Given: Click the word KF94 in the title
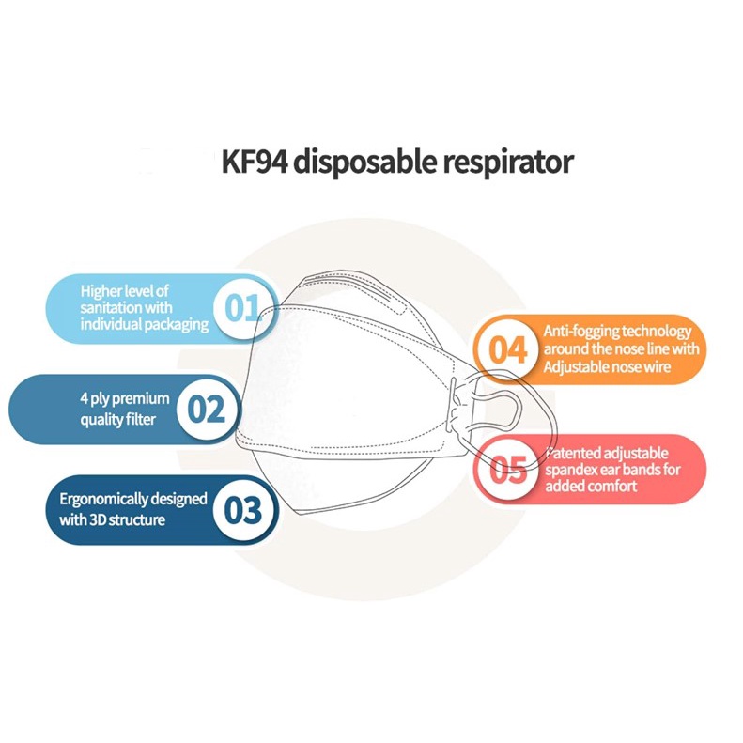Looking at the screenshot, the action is click(255, 162).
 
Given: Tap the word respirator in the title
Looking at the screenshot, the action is click(508, 163).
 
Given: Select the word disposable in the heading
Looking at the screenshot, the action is click(365, 163).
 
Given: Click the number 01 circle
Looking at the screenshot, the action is click(242, 308).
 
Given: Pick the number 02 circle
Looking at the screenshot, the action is click(207, 409).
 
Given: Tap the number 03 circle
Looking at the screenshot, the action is click(243, 510).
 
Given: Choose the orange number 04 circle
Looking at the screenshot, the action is click(507, 349).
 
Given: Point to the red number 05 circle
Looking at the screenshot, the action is click(507, 469).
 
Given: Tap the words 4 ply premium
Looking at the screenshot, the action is click(125, 399).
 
